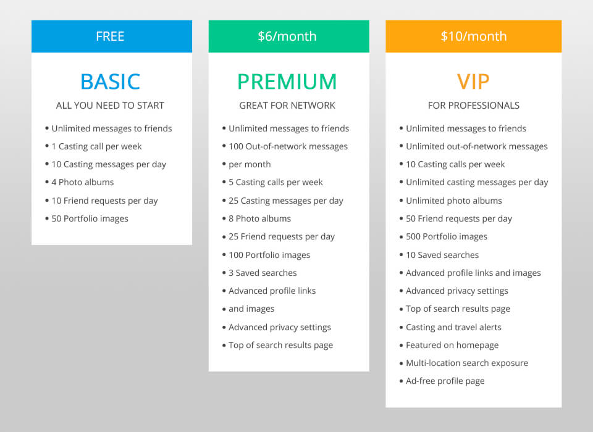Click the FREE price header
111,36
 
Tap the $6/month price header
288,36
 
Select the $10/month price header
473,36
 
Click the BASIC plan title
111,81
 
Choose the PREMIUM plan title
287,81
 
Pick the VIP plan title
473,81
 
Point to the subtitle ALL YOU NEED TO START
111,106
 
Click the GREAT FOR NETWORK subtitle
287,106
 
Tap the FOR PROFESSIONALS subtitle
473,106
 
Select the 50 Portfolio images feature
90,218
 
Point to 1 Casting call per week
96,147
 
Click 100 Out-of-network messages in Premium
288,147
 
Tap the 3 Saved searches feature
263,273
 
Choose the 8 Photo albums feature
259,218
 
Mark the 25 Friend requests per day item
281,237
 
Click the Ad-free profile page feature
445,381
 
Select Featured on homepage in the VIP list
452,346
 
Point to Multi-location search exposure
466,363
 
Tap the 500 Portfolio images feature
446,237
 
